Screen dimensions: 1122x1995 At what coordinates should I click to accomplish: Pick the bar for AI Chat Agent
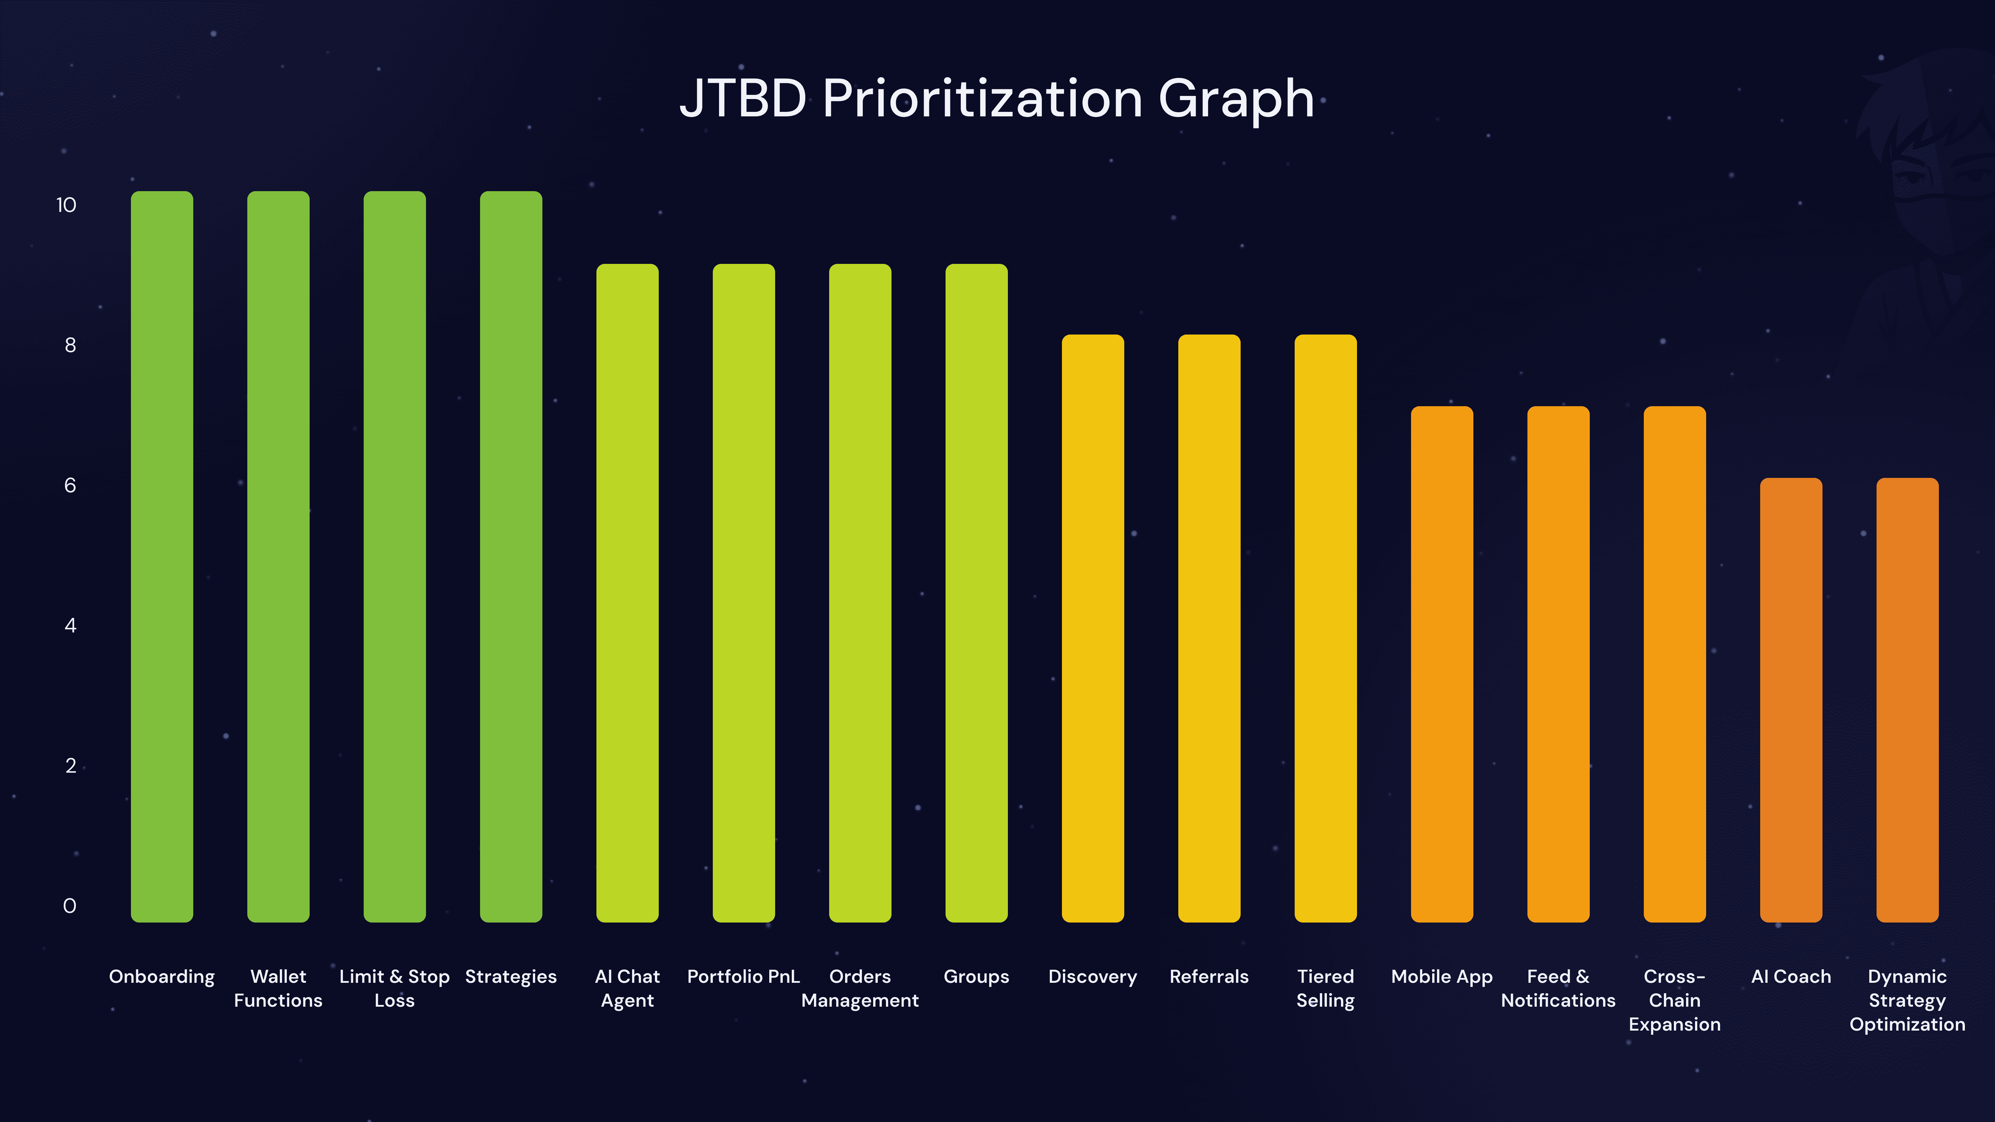(x=627, y=593)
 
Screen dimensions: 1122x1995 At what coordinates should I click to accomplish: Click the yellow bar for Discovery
(x=1093, y=627)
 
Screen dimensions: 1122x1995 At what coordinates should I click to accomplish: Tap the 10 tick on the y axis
(x=66, y=205)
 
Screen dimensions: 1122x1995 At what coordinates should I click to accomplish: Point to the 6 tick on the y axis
(x=70, y=486)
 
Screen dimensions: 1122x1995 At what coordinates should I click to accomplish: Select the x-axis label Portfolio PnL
(x=744, y=977)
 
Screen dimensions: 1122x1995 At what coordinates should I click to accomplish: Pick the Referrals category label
(x=1209, y=977)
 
